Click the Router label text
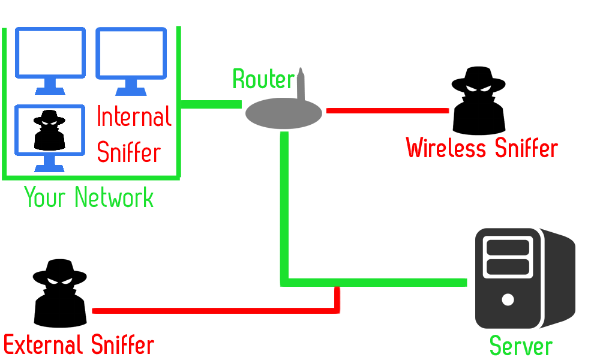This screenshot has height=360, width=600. pyautogui.click(x=263, y=79)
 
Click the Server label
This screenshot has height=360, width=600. pyautogui.click(x=521, y=346)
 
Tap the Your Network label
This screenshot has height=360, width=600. pyautogui.click(x=89, y=197)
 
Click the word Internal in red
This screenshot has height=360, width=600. pyautogui.click(x=134, y=116)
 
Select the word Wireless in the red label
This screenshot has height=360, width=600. pyautogui.click(x=447, y=148)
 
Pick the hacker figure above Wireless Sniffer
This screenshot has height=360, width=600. pyautogui.click(x=479, y=102)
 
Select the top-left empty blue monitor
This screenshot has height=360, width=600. pyautogui.click(x=50, y=59)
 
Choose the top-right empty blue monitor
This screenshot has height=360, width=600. pyautogui.click(x=131, y=59)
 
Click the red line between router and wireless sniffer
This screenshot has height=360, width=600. pyautogui.click(x=387, y=110)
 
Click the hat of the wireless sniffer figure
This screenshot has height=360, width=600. pyautogui.click(x=478, y=77)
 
